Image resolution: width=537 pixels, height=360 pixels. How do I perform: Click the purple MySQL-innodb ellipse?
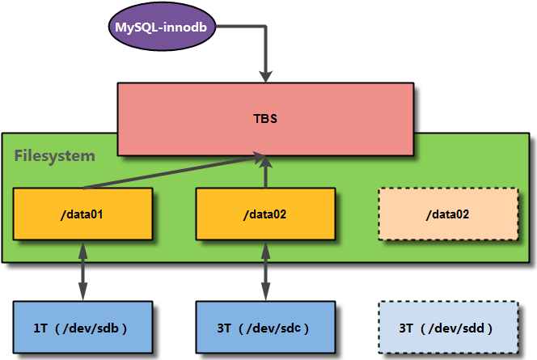tap(162, 27)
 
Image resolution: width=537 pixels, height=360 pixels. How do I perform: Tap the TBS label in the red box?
tap(265, 118)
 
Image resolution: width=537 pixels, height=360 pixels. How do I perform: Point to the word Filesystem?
tap(55, 156)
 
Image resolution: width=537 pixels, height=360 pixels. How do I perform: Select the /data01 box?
tap(82, 214)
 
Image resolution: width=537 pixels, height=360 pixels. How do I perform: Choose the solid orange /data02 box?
tap(265, 214)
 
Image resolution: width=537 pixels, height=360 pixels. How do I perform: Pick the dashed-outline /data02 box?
tap(448, 214)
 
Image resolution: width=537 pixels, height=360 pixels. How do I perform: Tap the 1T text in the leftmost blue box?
tap(40, 328)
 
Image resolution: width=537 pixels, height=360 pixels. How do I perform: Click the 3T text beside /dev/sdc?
tap(224, 328)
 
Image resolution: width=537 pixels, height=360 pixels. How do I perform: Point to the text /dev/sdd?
tap(456, 328)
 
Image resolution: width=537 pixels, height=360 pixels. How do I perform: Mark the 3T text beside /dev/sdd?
tap(406, 328)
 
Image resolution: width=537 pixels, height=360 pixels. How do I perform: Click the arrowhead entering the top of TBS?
tap(265, 76)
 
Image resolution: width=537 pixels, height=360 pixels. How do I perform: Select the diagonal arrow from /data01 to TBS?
tap(175, 172)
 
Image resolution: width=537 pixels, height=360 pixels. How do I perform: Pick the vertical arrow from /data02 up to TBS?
tap(265, 172)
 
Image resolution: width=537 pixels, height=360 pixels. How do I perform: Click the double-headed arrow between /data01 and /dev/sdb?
tap(82, 270)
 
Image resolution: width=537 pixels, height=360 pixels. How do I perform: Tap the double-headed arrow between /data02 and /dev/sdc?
tap(265, 270)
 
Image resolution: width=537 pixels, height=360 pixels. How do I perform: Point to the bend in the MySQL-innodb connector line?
tap(265, 27)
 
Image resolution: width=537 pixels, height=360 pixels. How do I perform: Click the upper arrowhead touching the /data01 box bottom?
tap(82, 249)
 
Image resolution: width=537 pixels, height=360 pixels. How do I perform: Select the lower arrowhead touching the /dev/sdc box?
tap(265, 292)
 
